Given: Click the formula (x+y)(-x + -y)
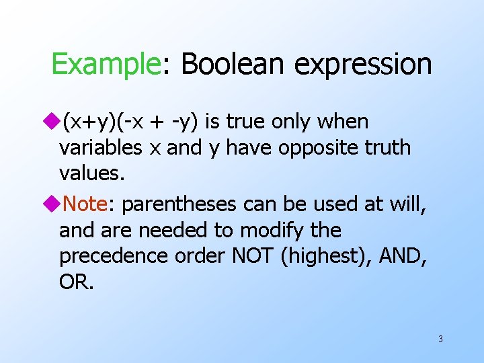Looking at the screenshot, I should pyautogui.click(x=131, y=122).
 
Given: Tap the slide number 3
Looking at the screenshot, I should pyautogui.click(x=440, y=339).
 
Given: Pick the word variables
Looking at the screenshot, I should pyautogui.click(x=100, y=148).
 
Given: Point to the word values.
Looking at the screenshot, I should pyautogui.click(x=92, y=173).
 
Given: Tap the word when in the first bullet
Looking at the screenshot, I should pyautogui.click(x=345, y=122).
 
